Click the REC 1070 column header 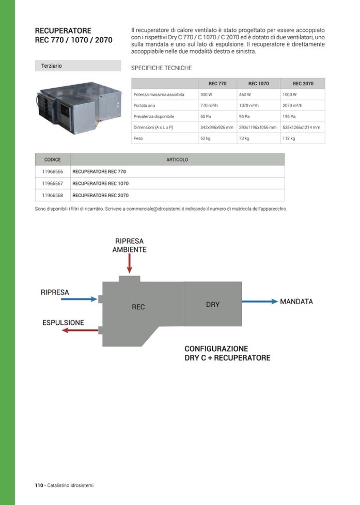point(258,84)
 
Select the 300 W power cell point(206,94)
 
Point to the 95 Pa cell point(244,116)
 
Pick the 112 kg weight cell point(289,138)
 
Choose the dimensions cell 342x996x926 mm point(217,127)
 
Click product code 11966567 point(52,183)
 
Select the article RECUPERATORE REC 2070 point(101,196)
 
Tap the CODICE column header point(52,160)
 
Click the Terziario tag point(52,66)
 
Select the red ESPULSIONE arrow point(80,330)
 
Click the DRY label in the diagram point(213,305)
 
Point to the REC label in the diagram point(138,307)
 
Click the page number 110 point(39,485)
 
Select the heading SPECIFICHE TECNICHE point(162,68)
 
